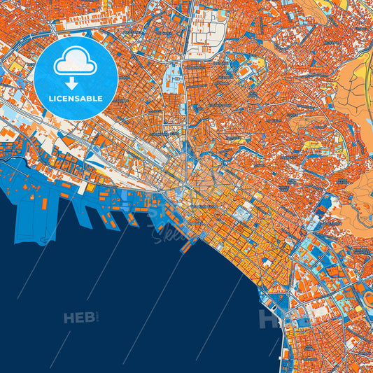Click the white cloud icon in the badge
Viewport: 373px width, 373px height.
76,62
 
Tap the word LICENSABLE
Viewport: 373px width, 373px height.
76,98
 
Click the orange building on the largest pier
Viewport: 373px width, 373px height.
44,204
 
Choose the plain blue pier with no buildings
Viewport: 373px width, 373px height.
82,213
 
